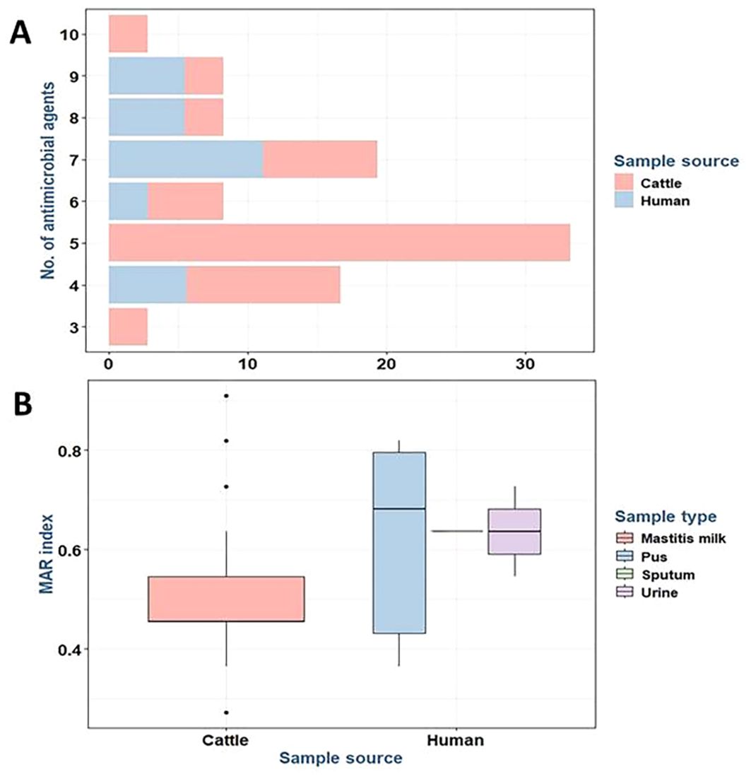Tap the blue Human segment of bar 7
tap(186, 159)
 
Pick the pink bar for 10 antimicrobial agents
tap(128, 34)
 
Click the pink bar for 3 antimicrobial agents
tap(128, 327)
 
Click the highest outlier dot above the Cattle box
tap(226, 396)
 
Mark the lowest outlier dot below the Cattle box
tap(226, 712)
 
